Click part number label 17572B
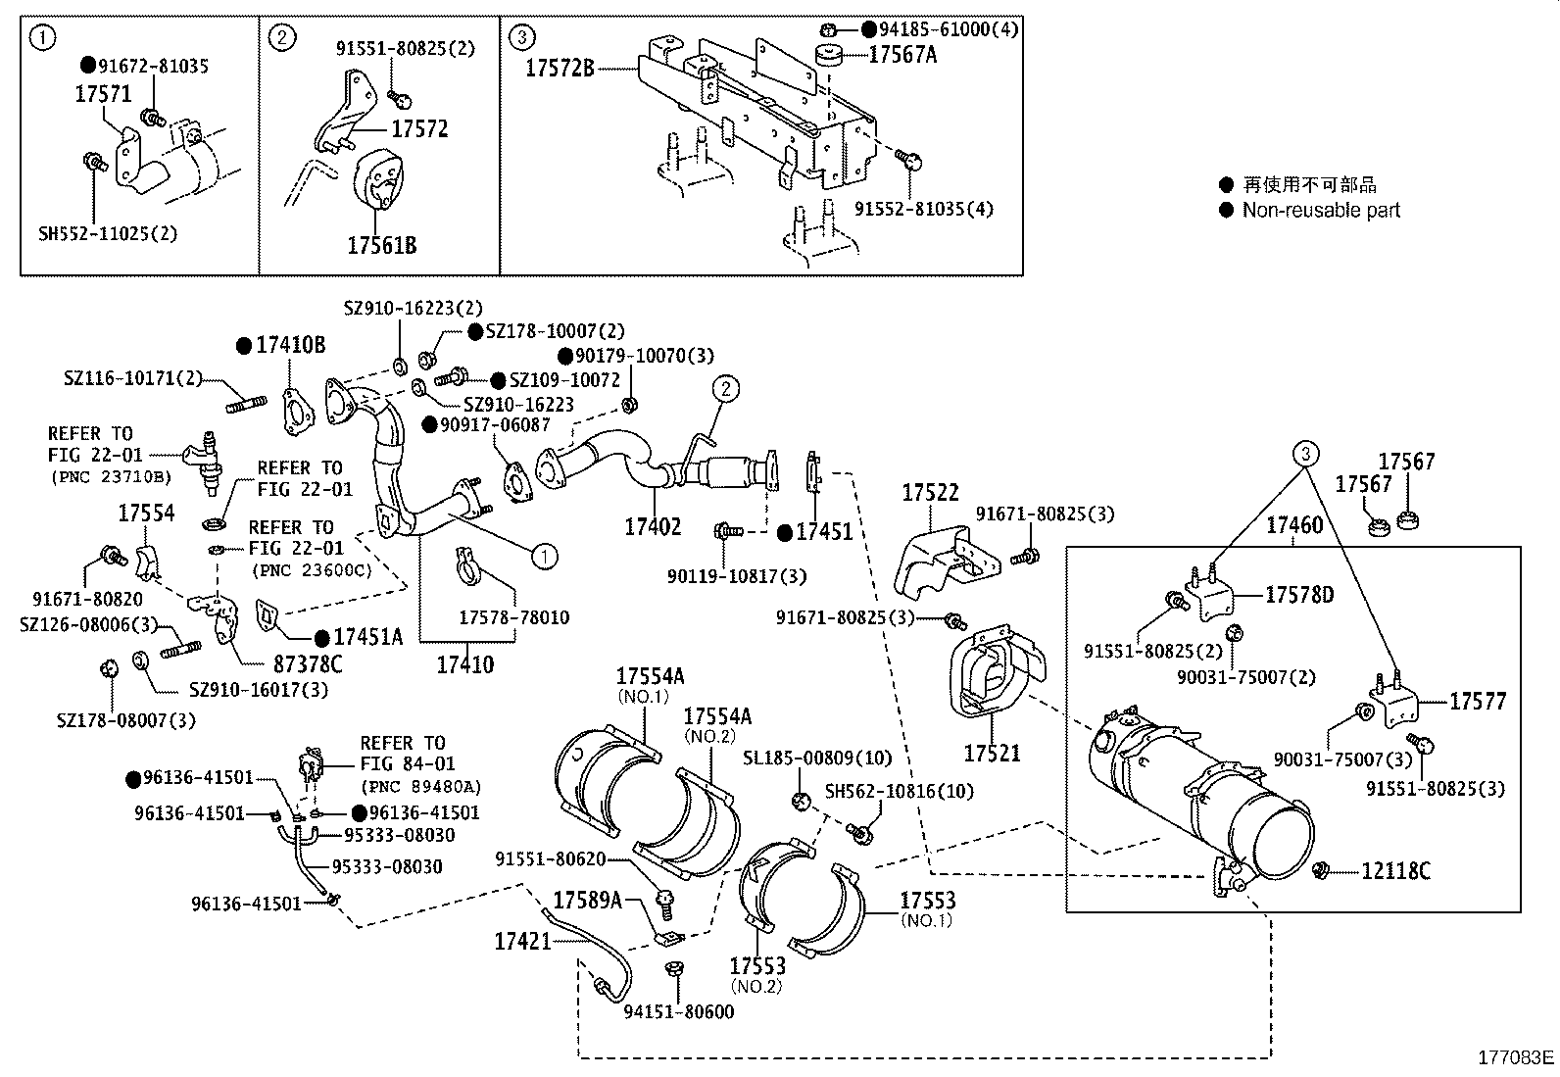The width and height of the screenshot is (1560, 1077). pos(560,69)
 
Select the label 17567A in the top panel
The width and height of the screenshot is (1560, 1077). pos(902,55)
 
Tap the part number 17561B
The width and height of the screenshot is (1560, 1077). pos(381,245)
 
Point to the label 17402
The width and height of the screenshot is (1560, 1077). pos(653,527)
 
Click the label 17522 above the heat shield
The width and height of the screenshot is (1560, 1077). pos(930,493)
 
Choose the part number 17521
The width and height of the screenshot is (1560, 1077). pos(992,753)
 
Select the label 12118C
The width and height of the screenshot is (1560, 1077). pos(1395,870)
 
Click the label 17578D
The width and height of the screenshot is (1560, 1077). pos(1298,595)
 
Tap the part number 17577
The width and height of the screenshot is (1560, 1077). pos(1478,701)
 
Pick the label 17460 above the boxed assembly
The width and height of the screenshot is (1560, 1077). pos(1294,525)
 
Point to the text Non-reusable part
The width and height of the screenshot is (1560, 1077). pos(1321,210)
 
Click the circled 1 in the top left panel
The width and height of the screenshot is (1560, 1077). pos(42,38)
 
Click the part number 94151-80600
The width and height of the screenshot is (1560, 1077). pos(678,1011)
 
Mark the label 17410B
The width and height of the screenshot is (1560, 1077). pos(290,345)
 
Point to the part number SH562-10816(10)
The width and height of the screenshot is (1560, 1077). pos(899,791)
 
